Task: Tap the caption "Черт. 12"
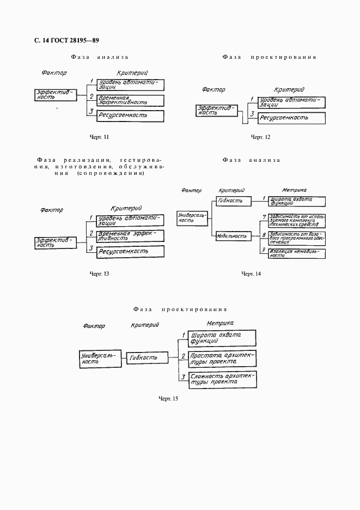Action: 260,137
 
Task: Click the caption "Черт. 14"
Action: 251,273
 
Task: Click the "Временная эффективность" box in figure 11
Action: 130,100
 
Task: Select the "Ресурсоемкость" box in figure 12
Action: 291,118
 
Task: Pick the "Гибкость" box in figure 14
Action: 233,201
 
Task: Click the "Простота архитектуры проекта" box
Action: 219,358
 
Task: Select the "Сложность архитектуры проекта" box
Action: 219,380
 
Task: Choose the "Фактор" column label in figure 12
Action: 213,90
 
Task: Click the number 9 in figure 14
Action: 264,250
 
